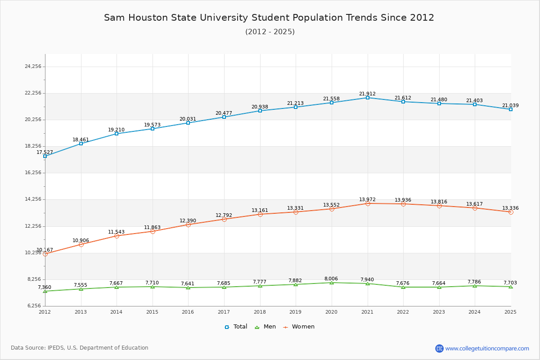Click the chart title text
pyautogui.click(x=269, y=18)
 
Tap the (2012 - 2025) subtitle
pyautogui.click(x=270, y=32)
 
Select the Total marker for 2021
pyautogui.click(x=367, y=98)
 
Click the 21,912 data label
pyautogui.click(x=367, y=94)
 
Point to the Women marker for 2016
pyautogui.click(x=188, y=225)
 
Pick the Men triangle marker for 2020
pyautogui.click(x=332, y=283)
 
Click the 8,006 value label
pyautogui.click(x=331, y=279)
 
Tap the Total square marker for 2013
pyautogui.click(x=81, y=144)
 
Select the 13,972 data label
pyautogui.click(x=367, y=199)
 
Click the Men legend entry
pyautogui.click(x=266, y=327)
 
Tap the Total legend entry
pyautogui.click(x=236, y=327)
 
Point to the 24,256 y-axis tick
pyautogui.click(x=33, y=67)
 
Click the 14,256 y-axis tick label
pyautogui.click(x=33, y=199)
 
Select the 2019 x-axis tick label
pyautogui.click(x=295, y=312)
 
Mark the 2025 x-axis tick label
pyautogui.click(x=510, y=312)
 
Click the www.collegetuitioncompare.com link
pyautogui.click(x=487, y=348)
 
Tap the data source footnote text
pyautogui.click(x=80, y=348)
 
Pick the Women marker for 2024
pyautogui.click(x=475, y=208)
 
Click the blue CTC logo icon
pyautogui.click(x=439, y=348)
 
